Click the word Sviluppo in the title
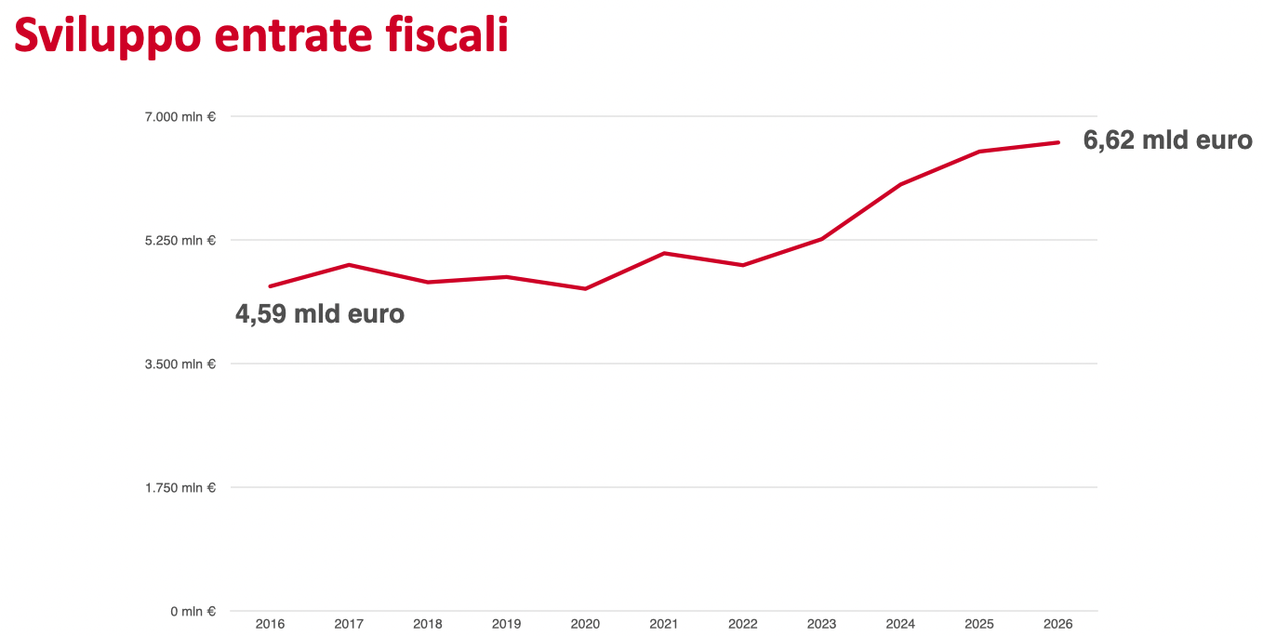(x=107, y=35)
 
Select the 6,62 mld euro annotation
(x=1167, y=140)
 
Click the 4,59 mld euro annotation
(x=320, y=314)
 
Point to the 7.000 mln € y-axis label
(x=179, y=117)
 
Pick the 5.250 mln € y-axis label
(x=179, y=241)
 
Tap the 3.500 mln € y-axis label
(x=179, y=364)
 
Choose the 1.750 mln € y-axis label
(x=179, y=488)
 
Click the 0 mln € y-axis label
(x=193, y=612)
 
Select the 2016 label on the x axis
(x=270, y=624)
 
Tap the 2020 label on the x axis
(x=585, y=624)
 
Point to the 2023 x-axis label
(x=822, y=624)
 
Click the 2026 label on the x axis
(x=1058, y=624)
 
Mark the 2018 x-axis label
(x=428, y=624)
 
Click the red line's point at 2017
(x=349, y=265)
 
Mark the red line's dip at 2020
(x=585, y=289)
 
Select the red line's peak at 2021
(x=664, y=253)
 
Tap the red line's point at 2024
(x=900, y=185)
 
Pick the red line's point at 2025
(x=979, y=152)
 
